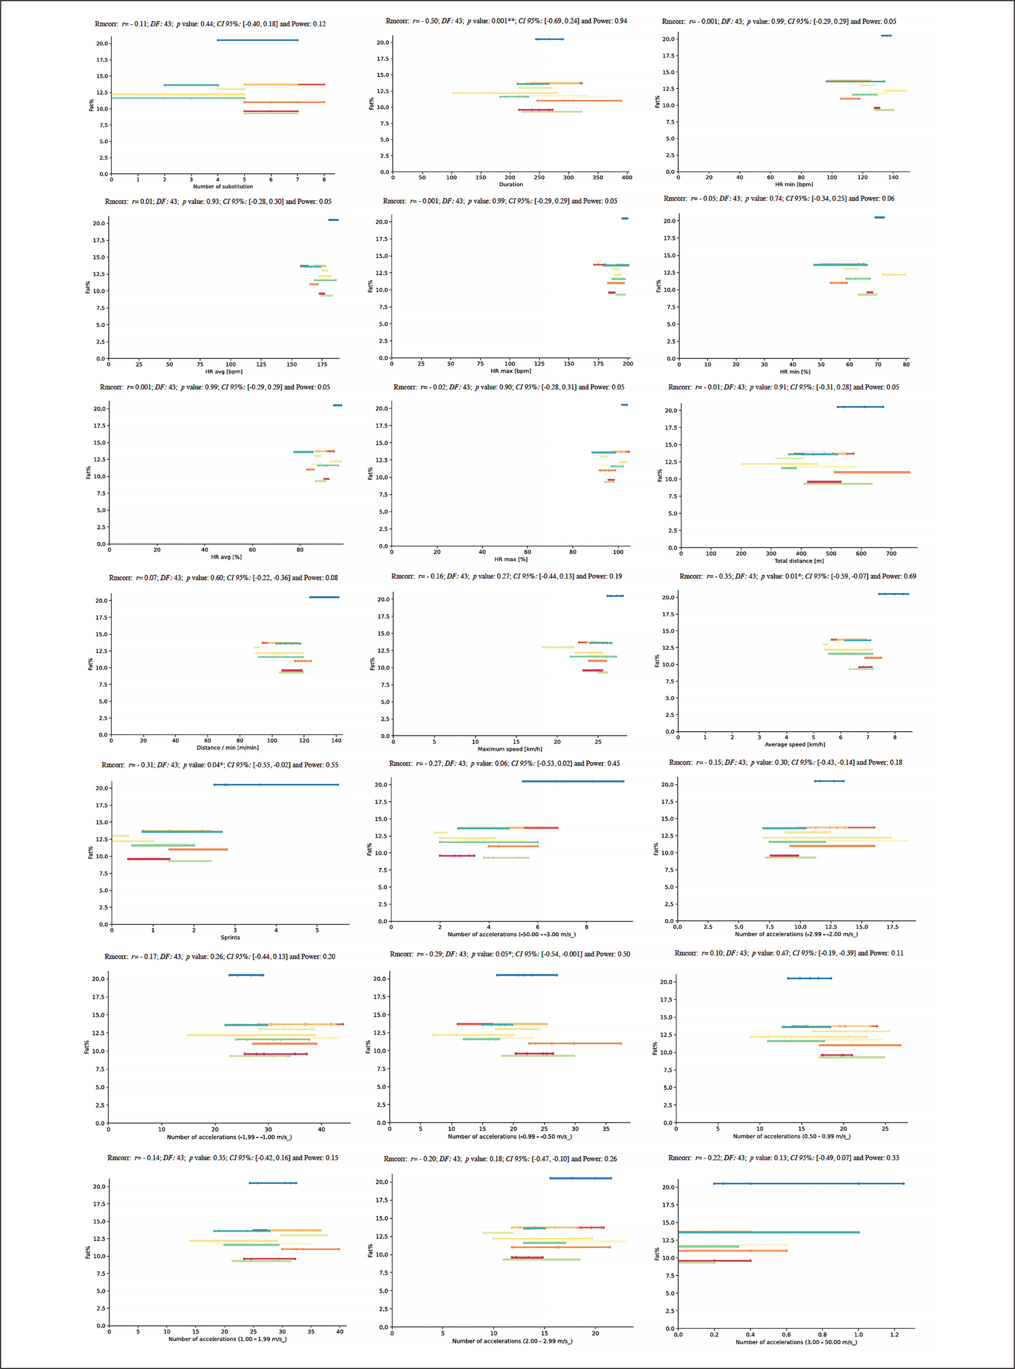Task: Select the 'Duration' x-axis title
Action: pos(511,184)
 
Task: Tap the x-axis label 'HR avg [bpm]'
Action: pos(224,371)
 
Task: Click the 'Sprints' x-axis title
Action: pos(230,937)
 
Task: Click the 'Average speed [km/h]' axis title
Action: pos(794,744)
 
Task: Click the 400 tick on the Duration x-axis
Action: pos(627,178)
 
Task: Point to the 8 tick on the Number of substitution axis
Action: pos(324,179)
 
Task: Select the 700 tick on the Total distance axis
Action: pos(891,554)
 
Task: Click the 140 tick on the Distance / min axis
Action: pos(336,740)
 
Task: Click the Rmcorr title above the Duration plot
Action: pos(506,21)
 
